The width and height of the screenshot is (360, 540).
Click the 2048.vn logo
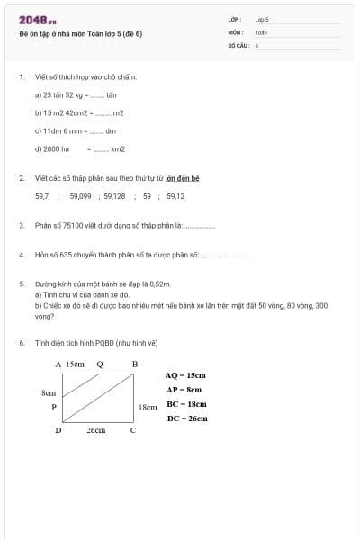pos(37,20)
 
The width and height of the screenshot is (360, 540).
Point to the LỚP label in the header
pos(235,19)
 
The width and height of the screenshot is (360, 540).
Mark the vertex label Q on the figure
pos(99,364)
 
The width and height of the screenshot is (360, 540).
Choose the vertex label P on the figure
pos(54,408)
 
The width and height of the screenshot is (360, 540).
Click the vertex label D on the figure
pos(58,430)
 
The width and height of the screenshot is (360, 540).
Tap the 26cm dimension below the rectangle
pos(95,431)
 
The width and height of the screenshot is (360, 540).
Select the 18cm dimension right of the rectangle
pos(148,408)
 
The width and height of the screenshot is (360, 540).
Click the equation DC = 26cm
pos(186,418)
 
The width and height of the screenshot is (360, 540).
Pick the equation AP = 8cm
pos(184,390)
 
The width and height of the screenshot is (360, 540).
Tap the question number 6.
pos(21,343)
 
